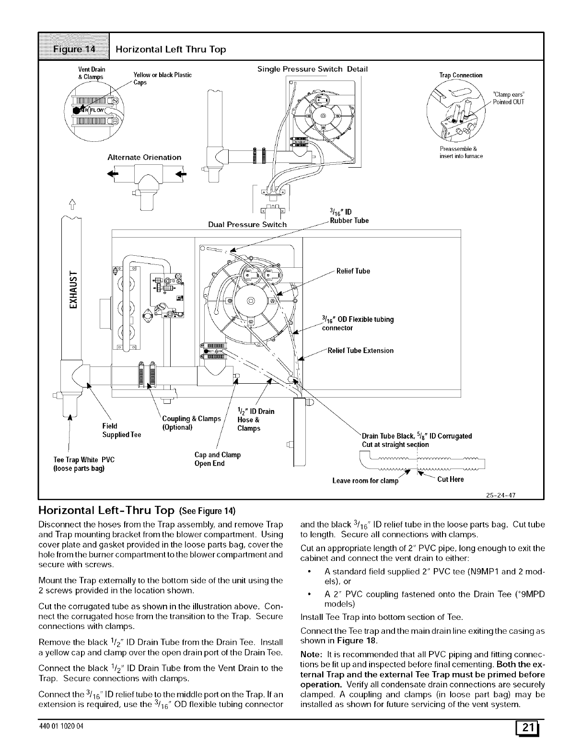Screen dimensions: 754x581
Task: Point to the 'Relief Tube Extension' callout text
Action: (x=360, y=351)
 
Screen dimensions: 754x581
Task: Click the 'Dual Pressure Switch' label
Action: (x=247, y=224)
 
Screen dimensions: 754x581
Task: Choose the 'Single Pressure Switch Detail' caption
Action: (x=312, y=69)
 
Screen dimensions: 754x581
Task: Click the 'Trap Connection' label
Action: (x=461, y=75)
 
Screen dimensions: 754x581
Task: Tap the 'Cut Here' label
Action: (x=451, y=479)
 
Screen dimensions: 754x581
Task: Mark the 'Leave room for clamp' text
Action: (x=365, y=480)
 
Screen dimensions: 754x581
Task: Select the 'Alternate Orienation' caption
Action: (x=144, y=157)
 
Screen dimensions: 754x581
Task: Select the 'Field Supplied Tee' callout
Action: (x=122, y=430)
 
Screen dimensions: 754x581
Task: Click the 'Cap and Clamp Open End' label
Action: (x=217, y=459)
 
